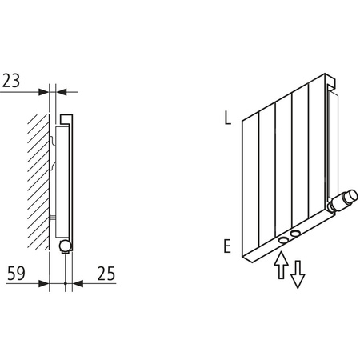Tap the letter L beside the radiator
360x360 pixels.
(228, 120)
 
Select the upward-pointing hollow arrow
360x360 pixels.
(279, 266)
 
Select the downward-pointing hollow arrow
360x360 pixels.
(297, 274)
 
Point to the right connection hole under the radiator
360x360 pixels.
(297, 233)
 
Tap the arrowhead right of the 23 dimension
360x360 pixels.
(61, 90)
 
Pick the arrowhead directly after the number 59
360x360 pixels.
(46, 283)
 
